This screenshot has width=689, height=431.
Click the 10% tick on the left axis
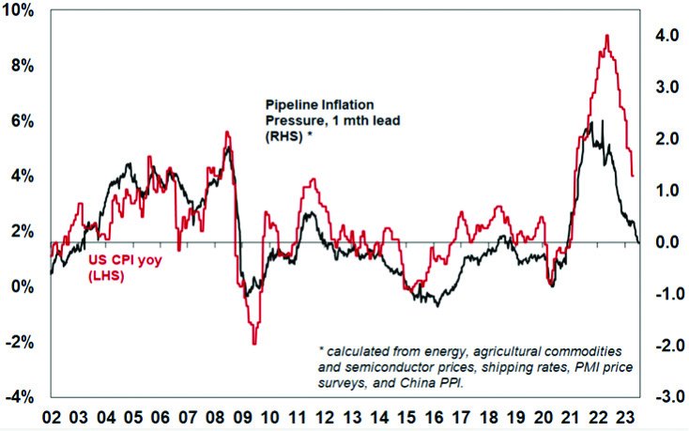click(21, 10)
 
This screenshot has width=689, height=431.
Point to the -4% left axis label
click(20, 396)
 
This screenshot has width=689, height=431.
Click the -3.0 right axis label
click(664, 397)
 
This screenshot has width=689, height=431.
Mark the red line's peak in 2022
click(607, 36)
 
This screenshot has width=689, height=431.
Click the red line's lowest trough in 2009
click(254, 344)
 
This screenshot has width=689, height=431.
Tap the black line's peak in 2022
click(603, 121)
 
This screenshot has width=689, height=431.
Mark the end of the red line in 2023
click(633, 176)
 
